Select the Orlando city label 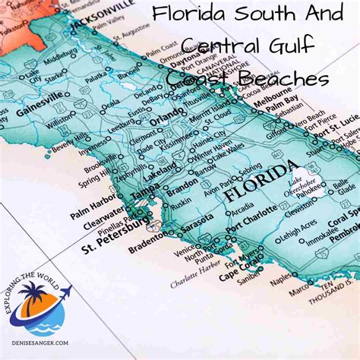pos(166,119)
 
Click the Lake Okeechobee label pos(302,185)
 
